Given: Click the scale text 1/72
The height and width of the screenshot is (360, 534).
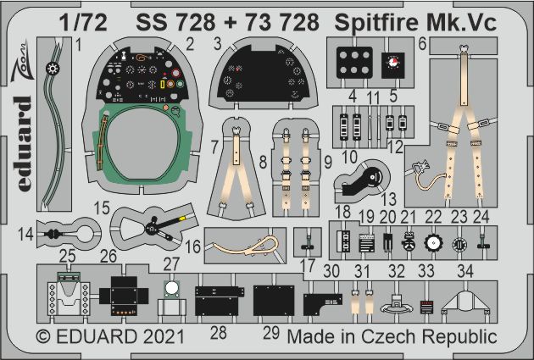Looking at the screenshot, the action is coord(83,23).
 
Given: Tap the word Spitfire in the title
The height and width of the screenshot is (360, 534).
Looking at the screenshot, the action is coord(376,23).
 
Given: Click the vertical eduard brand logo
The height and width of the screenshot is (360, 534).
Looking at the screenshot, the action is coord(23,144).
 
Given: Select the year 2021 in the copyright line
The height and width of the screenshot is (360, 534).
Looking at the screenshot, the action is coord(164,336).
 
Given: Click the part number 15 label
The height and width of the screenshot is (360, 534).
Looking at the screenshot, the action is coord(102,208).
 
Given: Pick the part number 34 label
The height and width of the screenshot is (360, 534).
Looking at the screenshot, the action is coord(465,271).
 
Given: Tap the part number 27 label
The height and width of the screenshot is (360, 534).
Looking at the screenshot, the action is coord(171,263).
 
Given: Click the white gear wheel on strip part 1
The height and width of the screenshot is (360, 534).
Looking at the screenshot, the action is coord(53,69).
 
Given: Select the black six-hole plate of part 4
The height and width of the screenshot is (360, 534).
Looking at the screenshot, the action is coord(354,63).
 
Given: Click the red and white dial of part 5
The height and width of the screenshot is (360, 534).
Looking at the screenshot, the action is coord(392,63).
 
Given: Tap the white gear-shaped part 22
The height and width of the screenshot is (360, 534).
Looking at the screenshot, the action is coord(433,244).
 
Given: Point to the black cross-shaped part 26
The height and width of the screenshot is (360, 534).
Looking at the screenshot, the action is coord(124,296).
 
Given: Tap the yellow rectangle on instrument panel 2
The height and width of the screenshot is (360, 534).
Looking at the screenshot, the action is coord(163,84).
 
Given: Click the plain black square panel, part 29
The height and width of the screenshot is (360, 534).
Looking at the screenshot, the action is coord(274,301).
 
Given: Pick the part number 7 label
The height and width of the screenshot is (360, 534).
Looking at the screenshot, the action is coord(214,147).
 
